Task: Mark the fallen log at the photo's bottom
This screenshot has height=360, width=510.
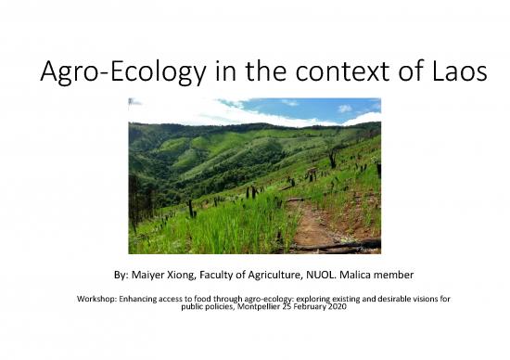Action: pyautogui.click(x=334, y=246)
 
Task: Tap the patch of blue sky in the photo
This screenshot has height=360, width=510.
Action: pyautogui.click(x=306, y=107)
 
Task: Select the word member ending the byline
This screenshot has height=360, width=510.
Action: pyautogui.click(x=413, y=276)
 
